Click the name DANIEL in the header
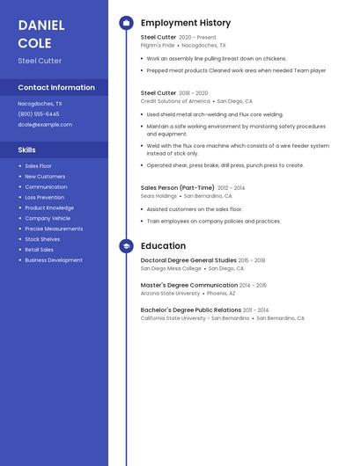[40, 25]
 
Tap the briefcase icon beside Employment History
[126, 23]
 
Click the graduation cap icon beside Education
[126, 246]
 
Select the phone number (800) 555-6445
[39, 113]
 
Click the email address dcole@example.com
[45, 124]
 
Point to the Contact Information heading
[56, 88]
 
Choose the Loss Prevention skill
[44, 197]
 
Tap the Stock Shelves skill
[42, 239]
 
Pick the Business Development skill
[54, 260]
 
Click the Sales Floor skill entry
[38, 165]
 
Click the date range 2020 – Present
[197, 38]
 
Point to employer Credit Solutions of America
[175, 101]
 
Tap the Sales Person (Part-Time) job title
[178, 187]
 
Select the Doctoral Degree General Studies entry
[188, 260]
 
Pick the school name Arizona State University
[170, 293]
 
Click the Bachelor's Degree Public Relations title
[191, 309]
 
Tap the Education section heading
[163, 246]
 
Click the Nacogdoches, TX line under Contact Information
[40, 103]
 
